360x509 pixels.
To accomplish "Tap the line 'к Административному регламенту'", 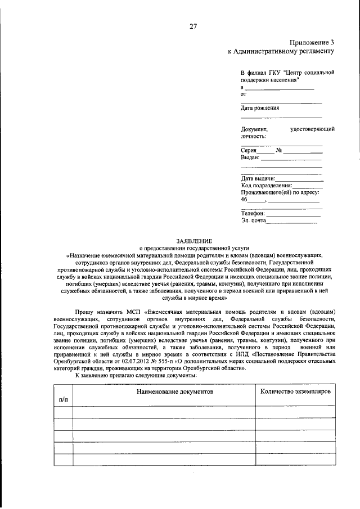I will coord(281,51).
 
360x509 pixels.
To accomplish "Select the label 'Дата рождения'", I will coord(260,108).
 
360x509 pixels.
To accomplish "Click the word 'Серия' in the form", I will coord(249,151).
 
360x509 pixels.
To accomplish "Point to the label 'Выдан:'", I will coord(250,158).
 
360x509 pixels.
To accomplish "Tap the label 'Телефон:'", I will coord(253,214).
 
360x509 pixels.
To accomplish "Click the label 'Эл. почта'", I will coord(253,222).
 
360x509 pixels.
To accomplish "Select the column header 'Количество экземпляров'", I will coord(296,391).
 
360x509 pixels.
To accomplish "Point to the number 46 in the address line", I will coord(244,200).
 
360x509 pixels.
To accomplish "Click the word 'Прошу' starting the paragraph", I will coord(85,311).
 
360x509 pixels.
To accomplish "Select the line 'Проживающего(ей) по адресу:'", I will coord(280,192).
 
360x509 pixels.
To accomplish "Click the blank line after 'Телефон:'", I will coord(293,215).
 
